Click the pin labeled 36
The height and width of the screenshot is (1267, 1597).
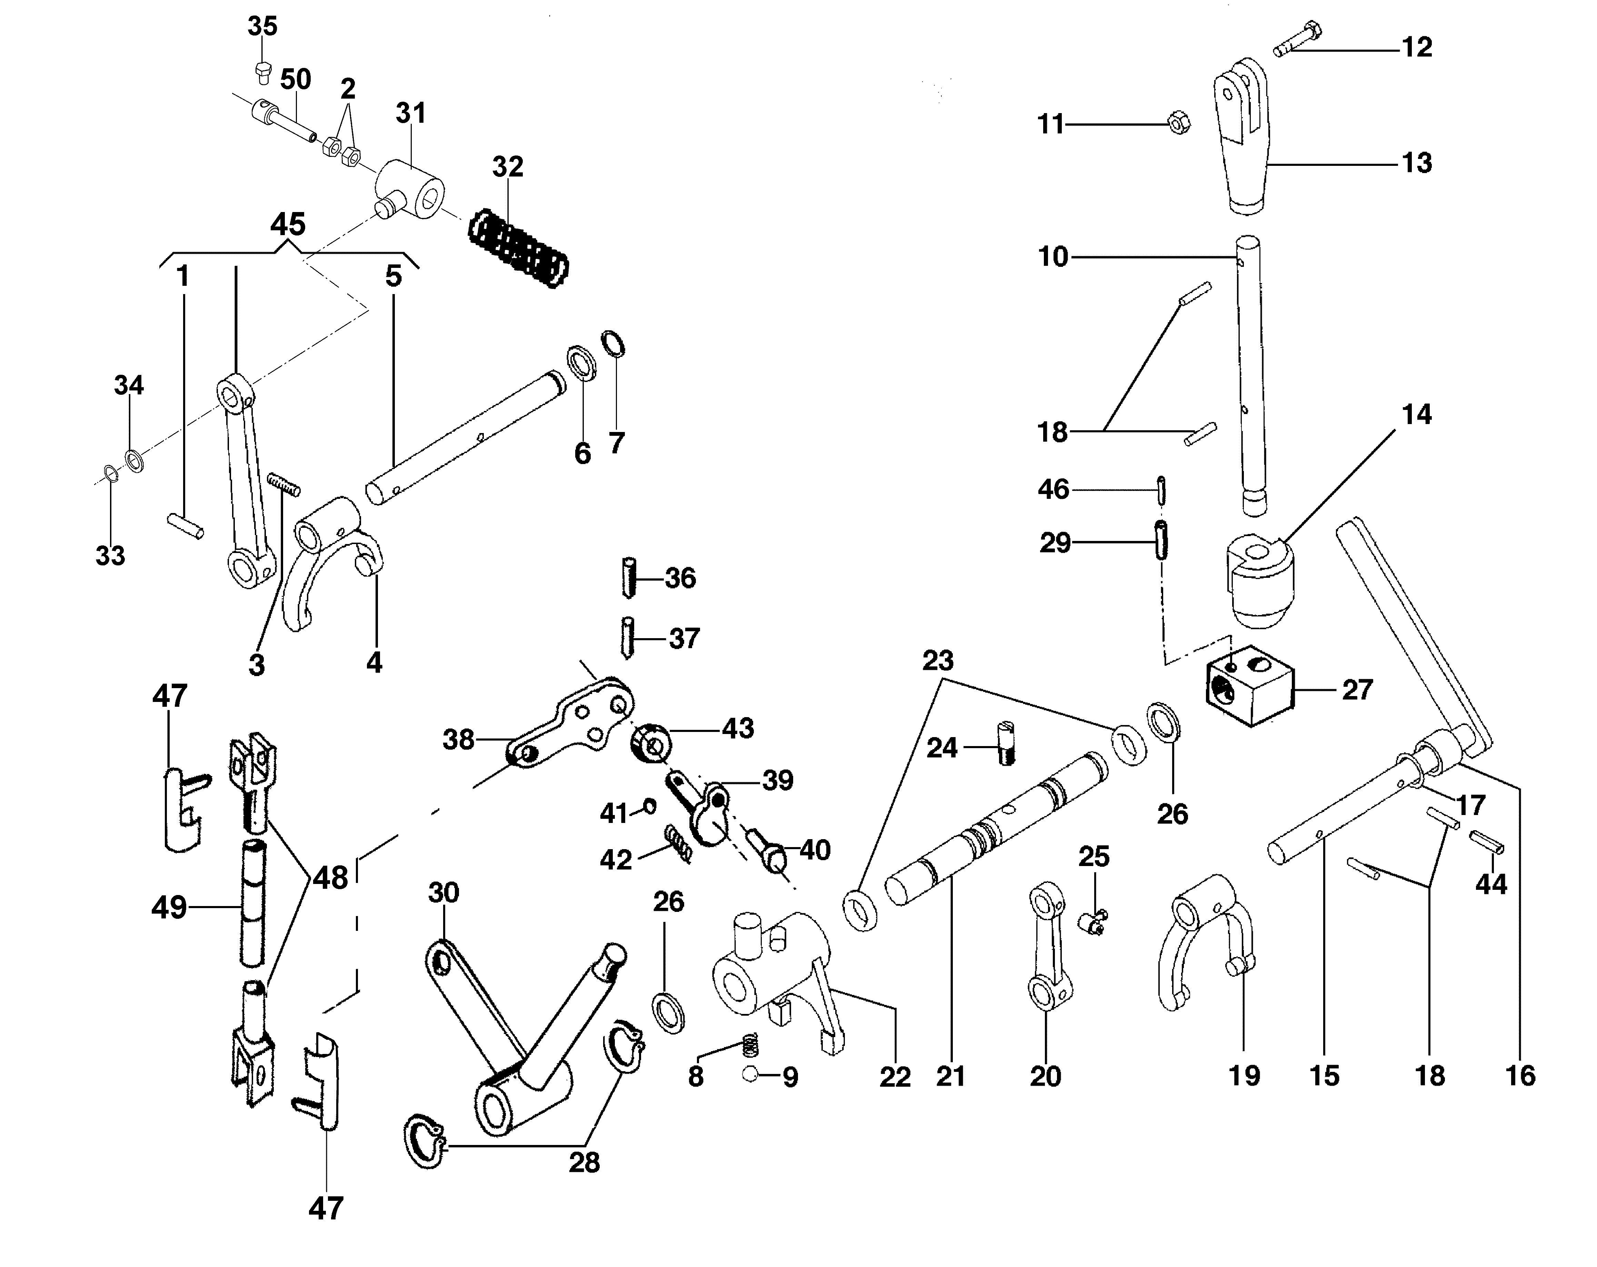pos(627,577)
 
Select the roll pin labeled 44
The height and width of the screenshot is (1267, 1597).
pos(1486,841)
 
